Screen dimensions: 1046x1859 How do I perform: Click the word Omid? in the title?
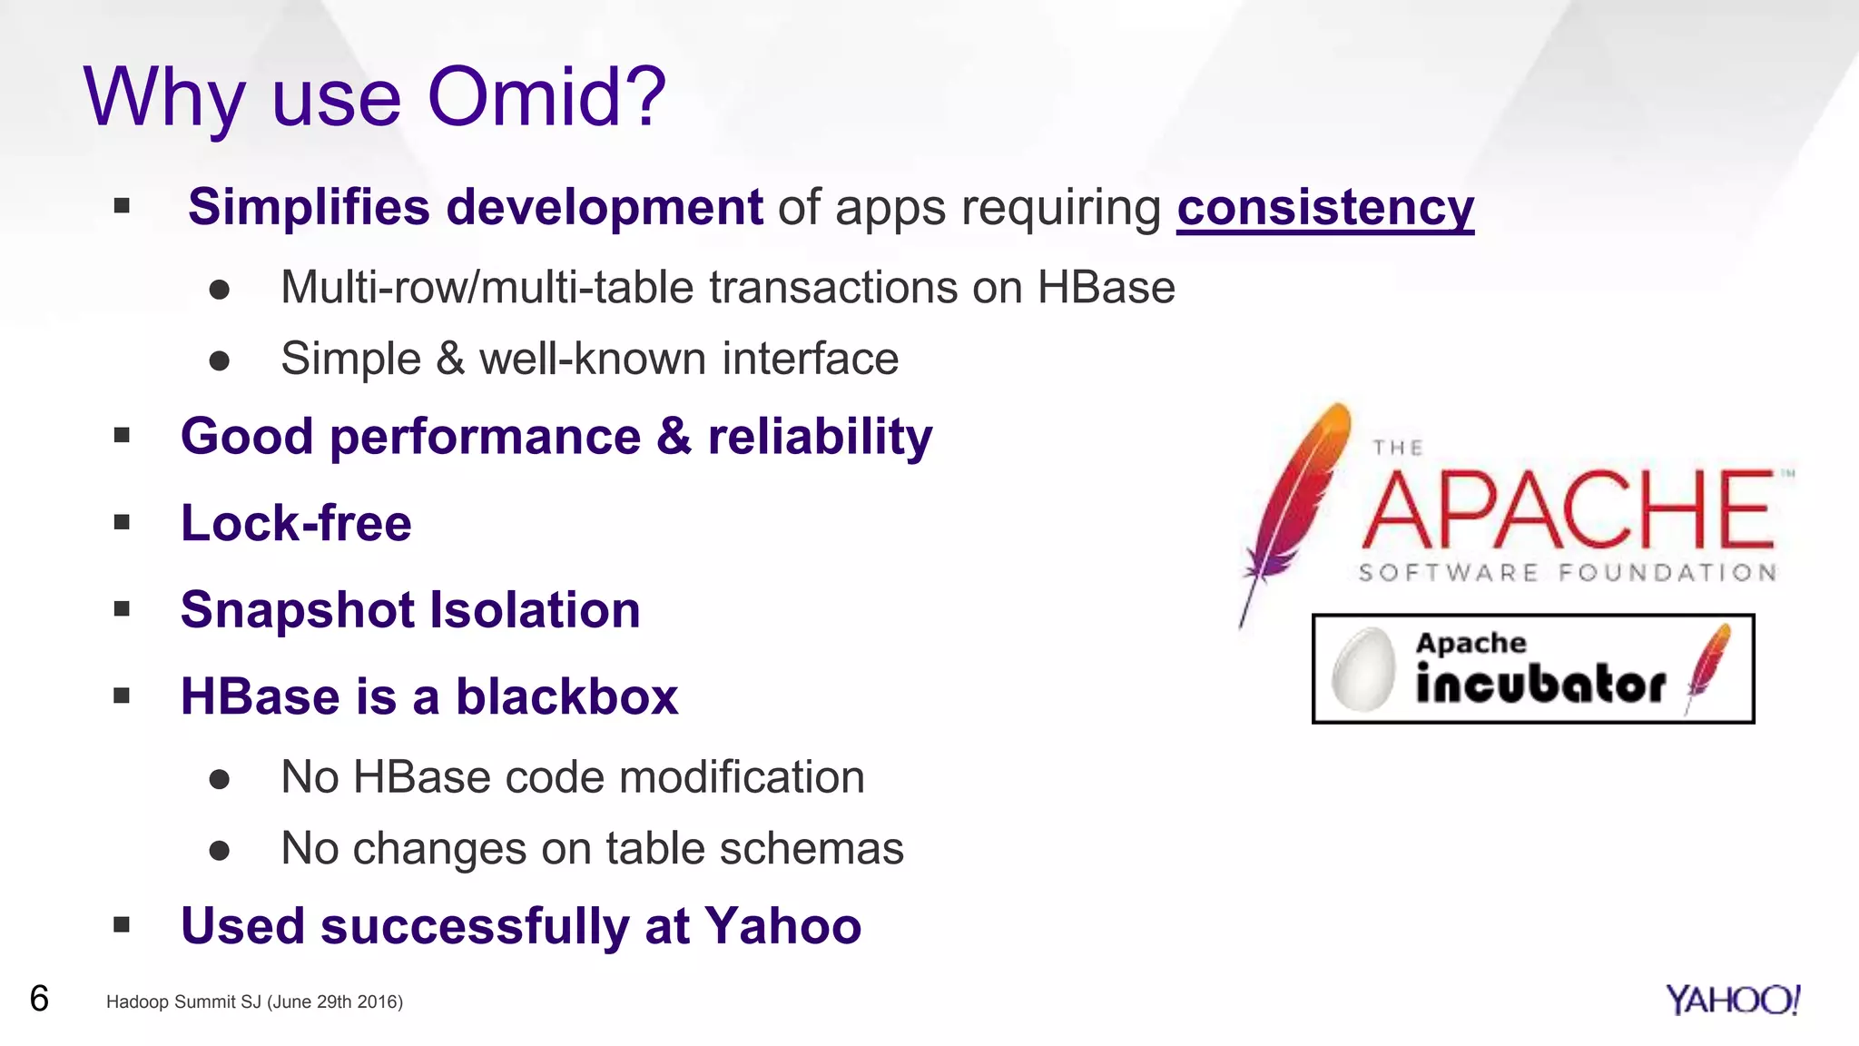tap(546, 96)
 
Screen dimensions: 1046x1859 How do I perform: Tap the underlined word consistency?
tap(1324, 207)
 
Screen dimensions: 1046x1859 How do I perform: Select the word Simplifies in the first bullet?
tap(309, 207)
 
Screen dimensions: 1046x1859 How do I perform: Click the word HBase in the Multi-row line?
tap(1106, 288)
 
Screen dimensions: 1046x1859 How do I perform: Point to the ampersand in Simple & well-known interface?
tap(450, 358)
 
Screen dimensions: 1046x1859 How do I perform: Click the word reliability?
tap(820, 437)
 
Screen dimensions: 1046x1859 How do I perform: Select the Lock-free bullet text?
tap(296, 523)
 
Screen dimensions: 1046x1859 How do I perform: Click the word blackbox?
tap(566, 696)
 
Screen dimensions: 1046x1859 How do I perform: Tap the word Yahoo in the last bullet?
tap(782, 926)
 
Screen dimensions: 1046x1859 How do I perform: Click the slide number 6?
tap(39, 999)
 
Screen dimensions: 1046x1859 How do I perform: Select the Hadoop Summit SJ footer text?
tap(254, 1002)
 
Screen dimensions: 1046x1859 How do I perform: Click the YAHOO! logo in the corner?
tap(1732, 1000)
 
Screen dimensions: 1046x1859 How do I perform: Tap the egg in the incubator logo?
tap(1363, 669)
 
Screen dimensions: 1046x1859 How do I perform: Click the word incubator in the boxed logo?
tap(1540, 684)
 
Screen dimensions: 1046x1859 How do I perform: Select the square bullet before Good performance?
tap(123, 436)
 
